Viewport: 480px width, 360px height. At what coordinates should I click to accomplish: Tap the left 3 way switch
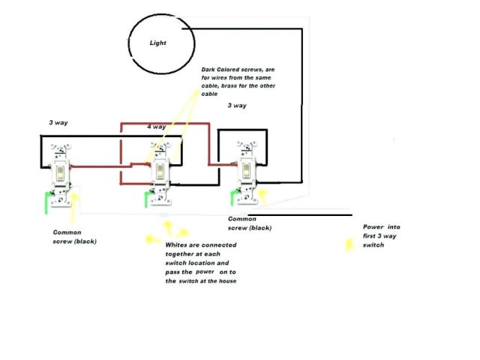[x=60, y=172]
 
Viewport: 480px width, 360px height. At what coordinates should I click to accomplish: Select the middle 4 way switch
[x=160, y=172]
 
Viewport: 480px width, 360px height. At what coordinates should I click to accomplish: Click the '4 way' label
[x=156, y=127]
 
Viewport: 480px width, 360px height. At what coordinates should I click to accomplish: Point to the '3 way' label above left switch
[x=59, y=121]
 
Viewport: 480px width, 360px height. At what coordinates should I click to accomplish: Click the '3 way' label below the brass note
[x=237, y=106]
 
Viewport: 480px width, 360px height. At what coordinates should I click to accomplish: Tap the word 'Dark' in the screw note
[x=209, y=69]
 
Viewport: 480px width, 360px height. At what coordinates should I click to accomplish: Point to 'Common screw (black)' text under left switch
[x=75, y=237]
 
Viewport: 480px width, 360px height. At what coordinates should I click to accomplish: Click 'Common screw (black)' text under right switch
[x=249, y=223]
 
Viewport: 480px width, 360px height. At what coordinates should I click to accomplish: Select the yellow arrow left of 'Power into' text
[x=349, y=245]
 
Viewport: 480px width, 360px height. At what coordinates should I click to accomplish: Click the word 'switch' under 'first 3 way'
[x=373, y=245]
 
